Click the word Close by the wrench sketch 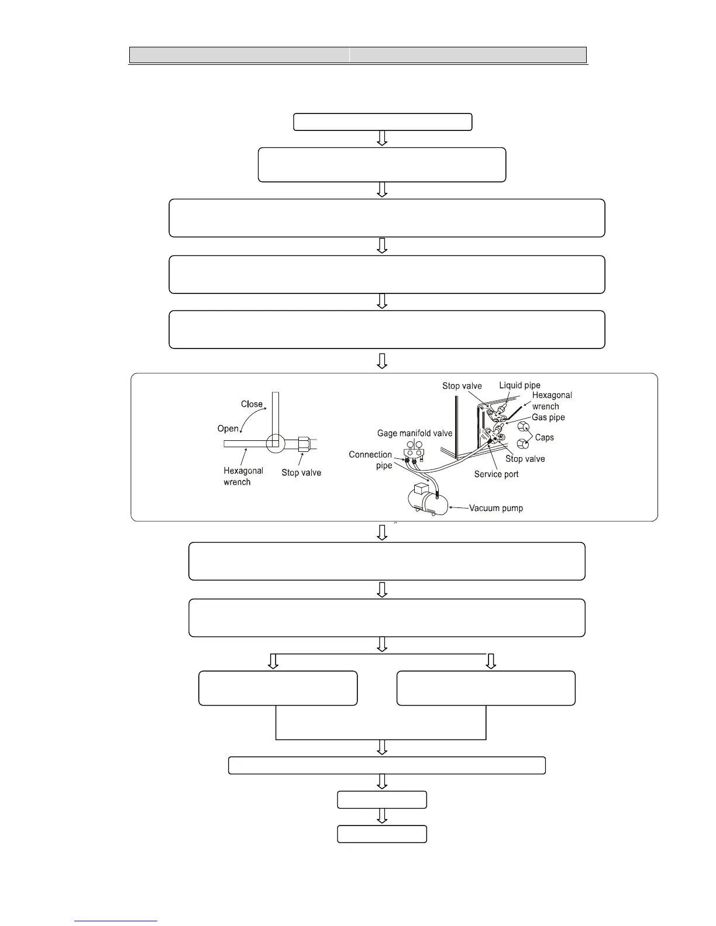click(x=252, y=404)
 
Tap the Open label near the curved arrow click(x=228, y=429)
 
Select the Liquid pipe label click(x=519, y=385)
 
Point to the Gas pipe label click(x=548, y=417)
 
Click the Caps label click(x=544, y=437)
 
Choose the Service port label click(x=496, y=474)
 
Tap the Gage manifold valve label click(x=414, y=433)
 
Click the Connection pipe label click(x=371, y=459)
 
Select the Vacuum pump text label click(x=496, y=508)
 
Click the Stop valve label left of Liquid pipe click(x=462, y=386)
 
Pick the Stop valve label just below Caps click(x=525, y=459)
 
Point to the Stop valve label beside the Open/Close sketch click(x=301, y=472)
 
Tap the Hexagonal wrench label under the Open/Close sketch click(x=243, y=476)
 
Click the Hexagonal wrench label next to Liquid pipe click(x=551, y=400)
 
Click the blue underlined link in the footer click(x=116, y=921)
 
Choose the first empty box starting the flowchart click(x=383, y=122)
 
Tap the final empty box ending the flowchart click(x=382, y=834)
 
